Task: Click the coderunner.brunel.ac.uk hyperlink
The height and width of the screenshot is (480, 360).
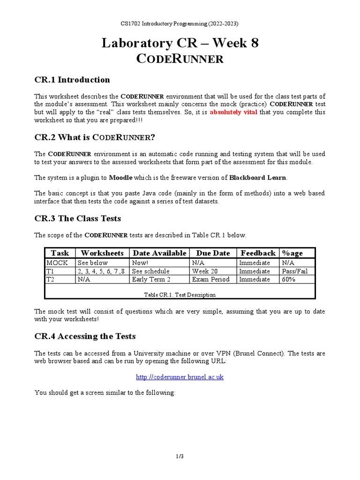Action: tap(180, 377)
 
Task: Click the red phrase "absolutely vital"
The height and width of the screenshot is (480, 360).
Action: tap(233, 112)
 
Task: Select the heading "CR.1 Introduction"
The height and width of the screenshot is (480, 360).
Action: tap(72, 80)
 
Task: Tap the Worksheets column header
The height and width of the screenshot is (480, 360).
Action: tap(102, 253)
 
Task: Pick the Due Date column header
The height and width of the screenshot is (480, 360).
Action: tap(213, 253)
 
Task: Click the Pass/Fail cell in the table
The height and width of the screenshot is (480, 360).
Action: tap(295, 271)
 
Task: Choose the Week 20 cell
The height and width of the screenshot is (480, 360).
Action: tap(204, 271)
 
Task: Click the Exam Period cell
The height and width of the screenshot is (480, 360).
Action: tap(211, 279)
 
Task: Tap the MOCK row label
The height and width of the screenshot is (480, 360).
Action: tap(57, 263)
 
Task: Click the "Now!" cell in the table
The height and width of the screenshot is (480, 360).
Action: tap(140, 263)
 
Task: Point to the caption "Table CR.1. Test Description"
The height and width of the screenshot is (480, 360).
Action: tap(180, 295)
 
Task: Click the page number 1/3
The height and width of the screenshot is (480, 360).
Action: tap(180, 457)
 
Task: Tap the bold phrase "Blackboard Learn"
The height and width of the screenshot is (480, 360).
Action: tap(258, 178)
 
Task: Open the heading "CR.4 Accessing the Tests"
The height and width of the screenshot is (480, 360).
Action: tap(85, 336)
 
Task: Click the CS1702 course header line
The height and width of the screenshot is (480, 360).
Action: tap(180, 23)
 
